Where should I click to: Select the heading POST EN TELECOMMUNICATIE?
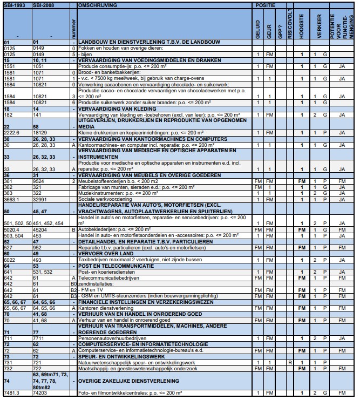112,266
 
